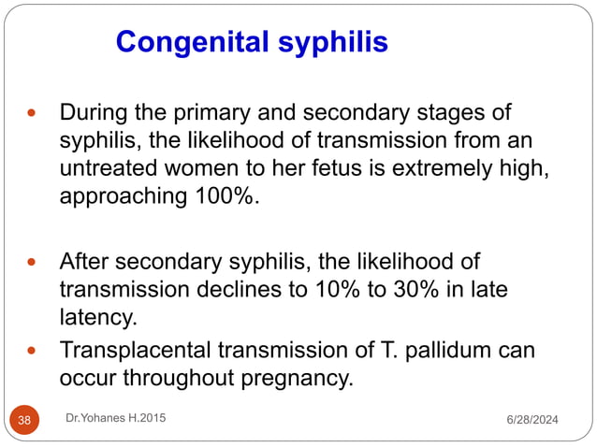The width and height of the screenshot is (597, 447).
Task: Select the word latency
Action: (x=97, y=317)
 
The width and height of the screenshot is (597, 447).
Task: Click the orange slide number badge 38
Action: (x=24, y=420)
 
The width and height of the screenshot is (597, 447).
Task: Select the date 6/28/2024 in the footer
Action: (x=530, y=421)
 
